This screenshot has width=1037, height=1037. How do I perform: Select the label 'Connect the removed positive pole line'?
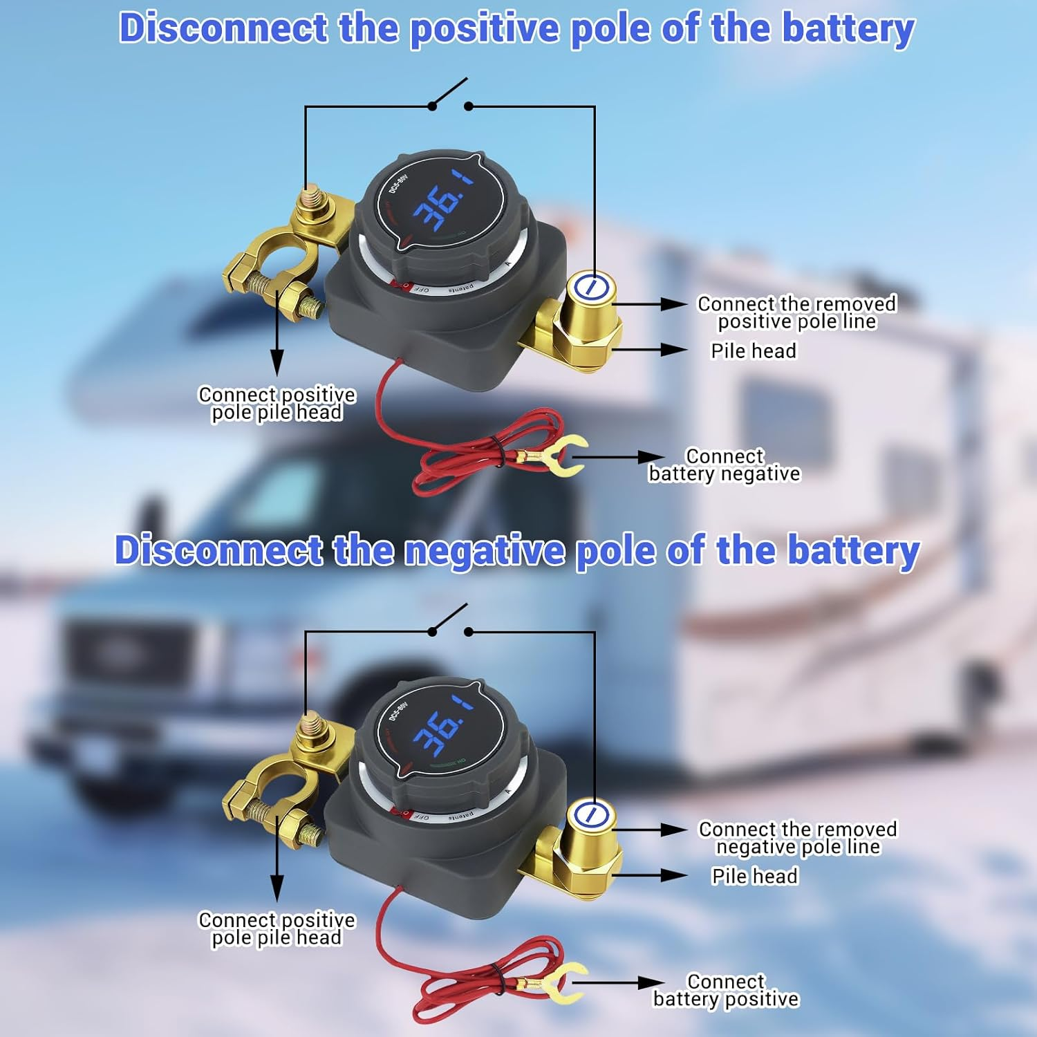click(x=796, y=312)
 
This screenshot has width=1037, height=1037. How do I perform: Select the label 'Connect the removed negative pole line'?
click(x=797, y=838)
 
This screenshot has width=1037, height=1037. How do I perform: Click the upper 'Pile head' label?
click(x=754, y=351)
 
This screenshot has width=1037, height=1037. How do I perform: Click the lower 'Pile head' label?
click(x=754, y=877)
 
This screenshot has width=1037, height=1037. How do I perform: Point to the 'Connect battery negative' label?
click(x=724, y=465)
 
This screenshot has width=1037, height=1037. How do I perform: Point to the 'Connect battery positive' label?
click(x=725, y=991)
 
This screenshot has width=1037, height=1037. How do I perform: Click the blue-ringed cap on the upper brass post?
click(x=591, y=287)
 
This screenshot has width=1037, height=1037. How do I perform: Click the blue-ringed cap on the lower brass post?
click(x=591, y=814)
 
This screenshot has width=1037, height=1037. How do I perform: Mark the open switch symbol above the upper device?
click(x=450, y=97)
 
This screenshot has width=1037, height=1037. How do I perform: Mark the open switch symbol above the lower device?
click(x=450, y=622)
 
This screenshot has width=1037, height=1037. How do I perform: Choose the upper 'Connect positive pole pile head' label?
click(x=277, y=404)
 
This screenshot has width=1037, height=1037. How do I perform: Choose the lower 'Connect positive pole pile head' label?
click(x=277, y=929)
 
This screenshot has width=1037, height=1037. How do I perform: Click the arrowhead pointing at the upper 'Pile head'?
click(x=674, y=350)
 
